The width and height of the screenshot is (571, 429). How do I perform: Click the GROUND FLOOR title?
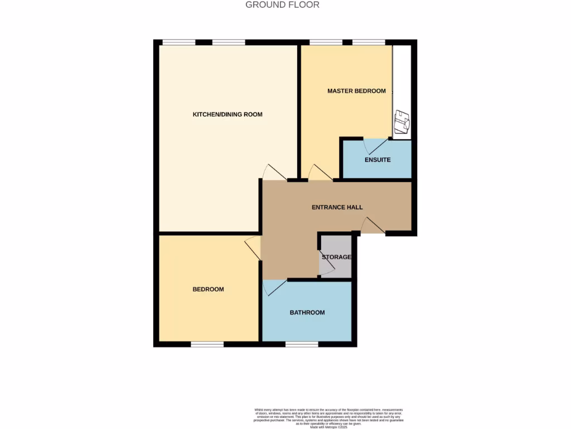coord(283,5)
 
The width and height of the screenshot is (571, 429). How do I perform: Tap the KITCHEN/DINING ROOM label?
coord(228,115)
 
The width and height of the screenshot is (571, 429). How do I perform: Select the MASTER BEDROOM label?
coord(356,91)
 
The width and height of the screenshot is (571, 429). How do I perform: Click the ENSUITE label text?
coord(378,160)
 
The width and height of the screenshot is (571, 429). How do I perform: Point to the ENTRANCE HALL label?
coord(337,207)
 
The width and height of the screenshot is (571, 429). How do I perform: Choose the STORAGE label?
coord(336,257)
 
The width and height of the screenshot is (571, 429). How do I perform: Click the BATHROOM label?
coord(307,312)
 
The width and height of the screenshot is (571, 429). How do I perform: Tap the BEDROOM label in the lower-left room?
coord(208,289)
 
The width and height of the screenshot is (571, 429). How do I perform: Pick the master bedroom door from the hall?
coord(320,173)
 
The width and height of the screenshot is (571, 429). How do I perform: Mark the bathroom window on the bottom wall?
coord(302,344)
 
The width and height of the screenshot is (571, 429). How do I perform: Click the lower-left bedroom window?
coord(207,344)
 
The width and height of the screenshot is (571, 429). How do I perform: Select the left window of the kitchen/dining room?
coord(178,42)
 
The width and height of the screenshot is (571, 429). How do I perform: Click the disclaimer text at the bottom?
coord(328,418)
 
